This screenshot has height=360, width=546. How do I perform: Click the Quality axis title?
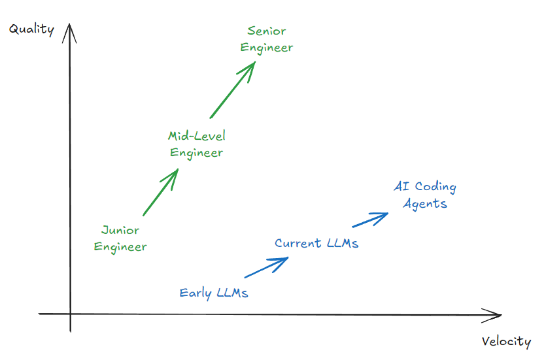pyautogui.click(x=31, y=29)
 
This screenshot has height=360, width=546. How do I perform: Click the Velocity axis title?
pyautogui.click(x=506, y=341)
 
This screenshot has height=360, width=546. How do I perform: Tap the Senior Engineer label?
pyautogui.click(x=267, y=39)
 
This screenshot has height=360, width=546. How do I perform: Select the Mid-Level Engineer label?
pyautogui.click(x=197, y=144)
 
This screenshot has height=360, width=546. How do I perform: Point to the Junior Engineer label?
pyautogui.click(x=120, y=238)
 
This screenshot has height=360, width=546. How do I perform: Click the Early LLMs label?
pyautogui.click(x=214, y=293)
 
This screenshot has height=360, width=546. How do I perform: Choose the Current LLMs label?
pyautogui.click(x=316, y=243)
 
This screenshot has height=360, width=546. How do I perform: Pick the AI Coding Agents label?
pyautogui.click(x=425, y=195)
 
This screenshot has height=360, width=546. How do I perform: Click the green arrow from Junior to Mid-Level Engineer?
pyautogui.click(x=161, y=193)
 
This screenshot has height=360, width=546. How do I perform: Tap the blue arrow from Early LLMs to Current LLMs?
pyautogui.click(x=266, y=267)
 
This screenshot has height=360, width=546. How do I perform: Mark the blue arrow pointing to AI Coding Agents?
pyautogui.click(x=371, y=219)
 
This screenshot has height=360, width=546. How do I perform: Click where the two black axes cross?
pyautogui.click(x=70, y=315)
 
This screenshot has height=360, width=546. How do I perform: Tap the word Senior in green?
pyautogui.click(x=267, y=31)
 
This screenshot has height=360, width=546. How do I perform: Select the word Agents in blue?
pyautogui.click(x=425, y=203)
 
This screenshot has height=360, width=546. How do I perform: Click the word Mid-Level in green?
pyautogui.click(x=197, y=136)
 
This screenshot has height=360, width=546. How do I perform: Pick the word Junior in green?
pyautogui.click(x=120, y=230)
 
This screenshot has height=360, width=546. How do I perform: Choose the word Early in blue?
pyautogui.click(x=196, y=293)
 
